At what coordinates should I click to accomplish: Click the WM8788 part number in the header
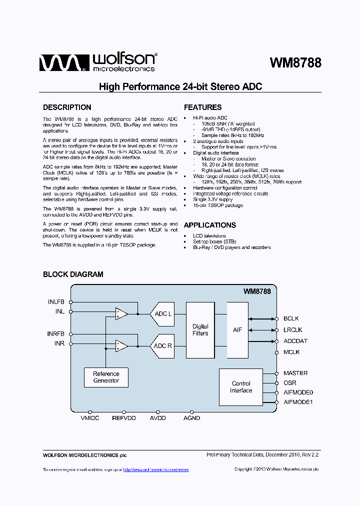point(295,63)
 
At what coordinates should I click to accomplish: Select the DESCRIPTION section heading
point(67,107)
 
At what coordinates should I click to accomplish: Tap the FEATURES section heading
point(202,107)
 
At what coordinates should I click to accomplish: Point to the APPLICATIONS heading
point(209,225)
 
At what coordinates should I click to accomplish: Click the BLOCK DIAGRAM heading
point(73,274)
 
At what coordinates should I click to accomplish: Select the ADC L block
point(162,313)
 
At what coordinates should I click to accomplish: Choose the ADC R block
point(162,346)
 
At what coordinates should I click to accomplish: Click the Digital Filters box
point(200,330)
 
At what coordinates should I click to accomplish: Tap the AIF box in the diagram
point(237,330)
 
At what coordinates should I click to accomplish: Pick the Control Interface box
point(241,387)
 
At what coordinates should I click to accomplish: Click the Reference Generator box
point(106,377)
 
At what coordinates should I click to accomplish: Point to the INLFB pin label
point(56,302)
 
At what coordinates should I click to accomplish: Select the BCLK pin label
point(291,318)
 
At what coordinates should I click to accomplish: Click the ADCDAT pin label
point(295,341)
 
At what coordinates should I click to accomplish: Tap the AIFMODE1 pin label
point(298,402)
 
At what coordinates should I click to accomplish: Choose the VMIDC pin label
point(90,418)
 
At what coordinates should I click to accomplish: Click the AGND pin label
point(191,418)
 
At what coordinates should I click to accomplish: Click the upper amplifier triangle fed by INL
point(121,313)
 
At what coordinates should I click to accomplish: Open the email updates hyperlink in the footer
point(155,469)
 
